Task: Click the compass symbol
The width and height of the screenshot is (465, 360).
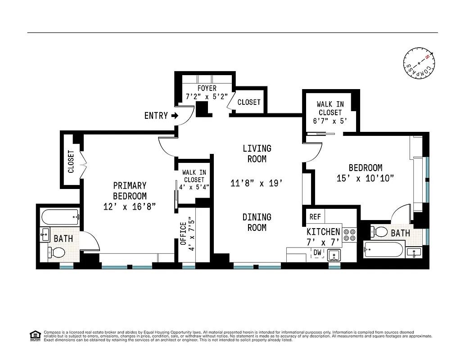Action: [x=419, y=63]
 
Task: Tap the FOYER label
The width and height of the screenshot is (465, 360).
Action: [x=207, y=88]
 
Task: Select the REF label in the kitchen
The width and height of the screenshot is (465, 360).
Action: [x=315, y=217]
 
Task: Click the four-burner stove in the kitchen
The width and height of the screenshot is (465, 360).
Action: [x=349, y=234]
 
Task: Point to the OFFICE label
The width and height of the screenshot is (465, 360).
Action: [x=183, y=234]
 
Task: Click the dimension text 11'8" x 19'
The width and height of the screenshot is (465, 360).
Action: [x=257, y=183]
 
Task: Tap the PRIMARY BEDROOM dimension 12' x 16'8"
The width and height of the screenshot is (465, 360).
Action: [x=130, y=207]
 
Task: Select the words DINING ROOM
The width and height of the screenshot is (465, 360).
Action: [x=257, y=222]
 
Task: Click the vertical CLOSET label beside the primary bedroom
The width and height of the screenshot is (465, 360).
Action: [x=71, y=162]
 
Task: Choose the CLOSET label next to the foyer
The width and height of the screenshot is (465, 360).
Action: [x=249, y=102]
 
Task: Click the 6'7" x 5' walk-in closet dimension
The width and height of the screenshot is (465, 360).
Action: [x=330, y=121]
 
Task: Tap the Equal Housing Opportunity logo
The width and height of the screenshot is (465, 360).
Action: [x=34, y=336]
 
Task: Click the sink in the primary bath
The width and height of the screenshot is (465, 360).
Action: [x=45, y=234]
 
